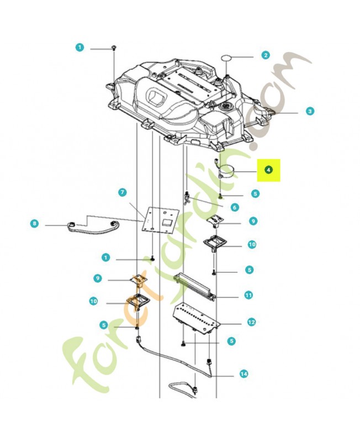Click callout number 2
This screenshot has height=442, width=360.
point(266,55)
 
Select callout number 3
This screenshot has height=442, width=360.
point(310,111)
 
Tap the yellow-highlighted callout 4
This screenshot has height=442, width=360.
point(268,170)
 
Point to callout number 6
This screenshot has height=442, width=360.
point(235,207)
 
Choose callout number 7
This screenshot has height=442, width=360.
point(123,192)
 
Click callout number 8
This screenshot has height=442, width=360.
point(34,224)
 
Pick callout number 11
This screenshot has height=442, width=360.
point(248,296)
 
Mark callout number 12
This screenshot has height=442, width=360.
point(251,322)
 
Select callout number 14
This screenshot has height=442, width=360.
point(243,374)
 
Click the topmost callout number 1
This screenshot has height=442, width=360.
point(80,48)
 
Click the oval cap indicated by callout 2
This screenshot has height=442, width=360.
point(227,58)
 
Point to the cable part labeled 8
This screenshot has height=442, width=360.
point(94,226)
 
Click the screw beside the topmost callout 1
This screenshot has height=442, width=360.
point(113,49)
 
